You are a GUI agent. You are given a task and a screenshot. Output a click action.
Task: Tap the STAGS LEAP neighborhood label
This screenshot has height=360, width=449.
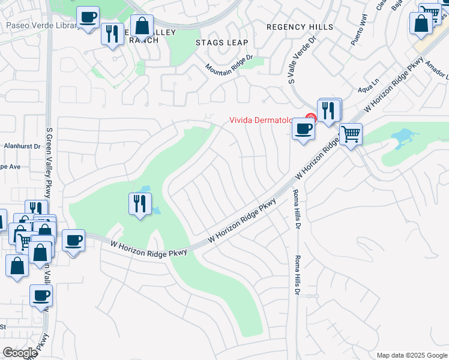(217, 43)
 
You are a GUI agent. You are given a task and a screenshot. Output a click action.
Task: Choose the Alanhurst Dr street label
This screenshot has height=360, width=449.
(22, 146)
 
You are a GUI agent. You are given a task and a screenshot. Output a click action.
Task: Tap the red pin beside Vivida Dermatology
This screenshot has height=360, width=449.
(310, 118)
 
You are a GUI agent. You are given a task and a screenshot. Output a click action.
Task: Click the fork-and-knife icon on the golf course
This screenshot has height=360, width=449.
(140, 204)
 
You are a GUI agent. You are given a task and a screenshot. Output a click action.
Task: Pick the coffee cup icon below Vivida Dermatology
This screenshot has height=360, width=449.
(304, 128)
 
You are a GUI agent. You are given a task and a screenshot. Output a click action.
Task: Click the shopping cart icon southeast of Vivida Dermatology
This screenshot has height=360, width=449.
(351, 134)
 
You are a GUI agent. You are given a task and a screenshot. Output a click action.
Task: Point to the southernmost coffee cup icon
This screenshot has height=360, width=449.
(41, 296)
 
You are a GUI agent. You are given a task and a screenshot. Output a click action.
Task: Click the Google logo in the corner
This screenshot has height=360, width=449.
(20, 353)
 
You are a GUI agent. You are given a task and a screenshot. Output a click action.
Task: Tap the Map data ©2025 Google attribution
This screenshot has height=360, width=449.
(411, 355)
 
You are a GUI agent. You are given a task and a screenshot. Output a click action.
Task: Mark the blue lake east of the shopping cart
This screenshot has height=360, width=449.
(401, 137)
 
